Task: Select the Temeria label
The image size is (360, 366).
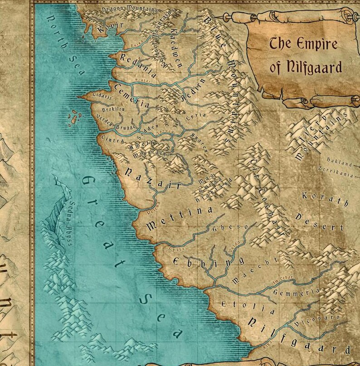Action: [131, 96]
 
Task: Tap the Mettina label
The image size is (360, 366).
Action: [179, 217]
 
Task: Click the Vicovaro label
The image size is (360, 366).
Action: [317, 322]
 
